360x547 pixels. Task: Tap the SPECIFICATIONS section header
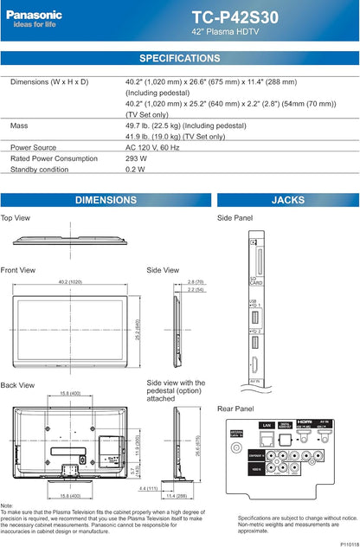[x=180, y=58]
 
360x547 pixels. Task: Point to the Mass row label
[x=19, y=125]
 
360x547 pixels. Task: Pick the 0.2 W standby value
[x=135, y=169]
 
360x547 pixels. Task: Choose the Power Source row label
[x=34, y=147]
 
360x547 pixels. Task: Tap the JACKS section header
[x=287, y=200]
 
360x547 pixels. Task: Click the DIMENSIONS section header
[x=106, y=200]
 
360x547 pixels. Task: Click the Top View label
[x=16, y=218]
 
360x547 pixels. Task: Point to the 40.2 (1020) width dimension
[x=75, y=282]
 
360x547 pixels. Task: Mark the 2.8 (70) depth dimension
[x=196, y=282]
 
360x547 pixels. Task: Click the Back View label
[x=17, y=385]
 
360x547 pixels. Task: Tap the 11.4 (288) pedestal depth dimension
[x=188, y=496]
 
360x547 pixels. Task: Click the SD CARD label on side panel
[x=255, y=282]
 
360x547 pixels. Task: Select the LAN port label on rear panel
[x=266, y=426]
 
